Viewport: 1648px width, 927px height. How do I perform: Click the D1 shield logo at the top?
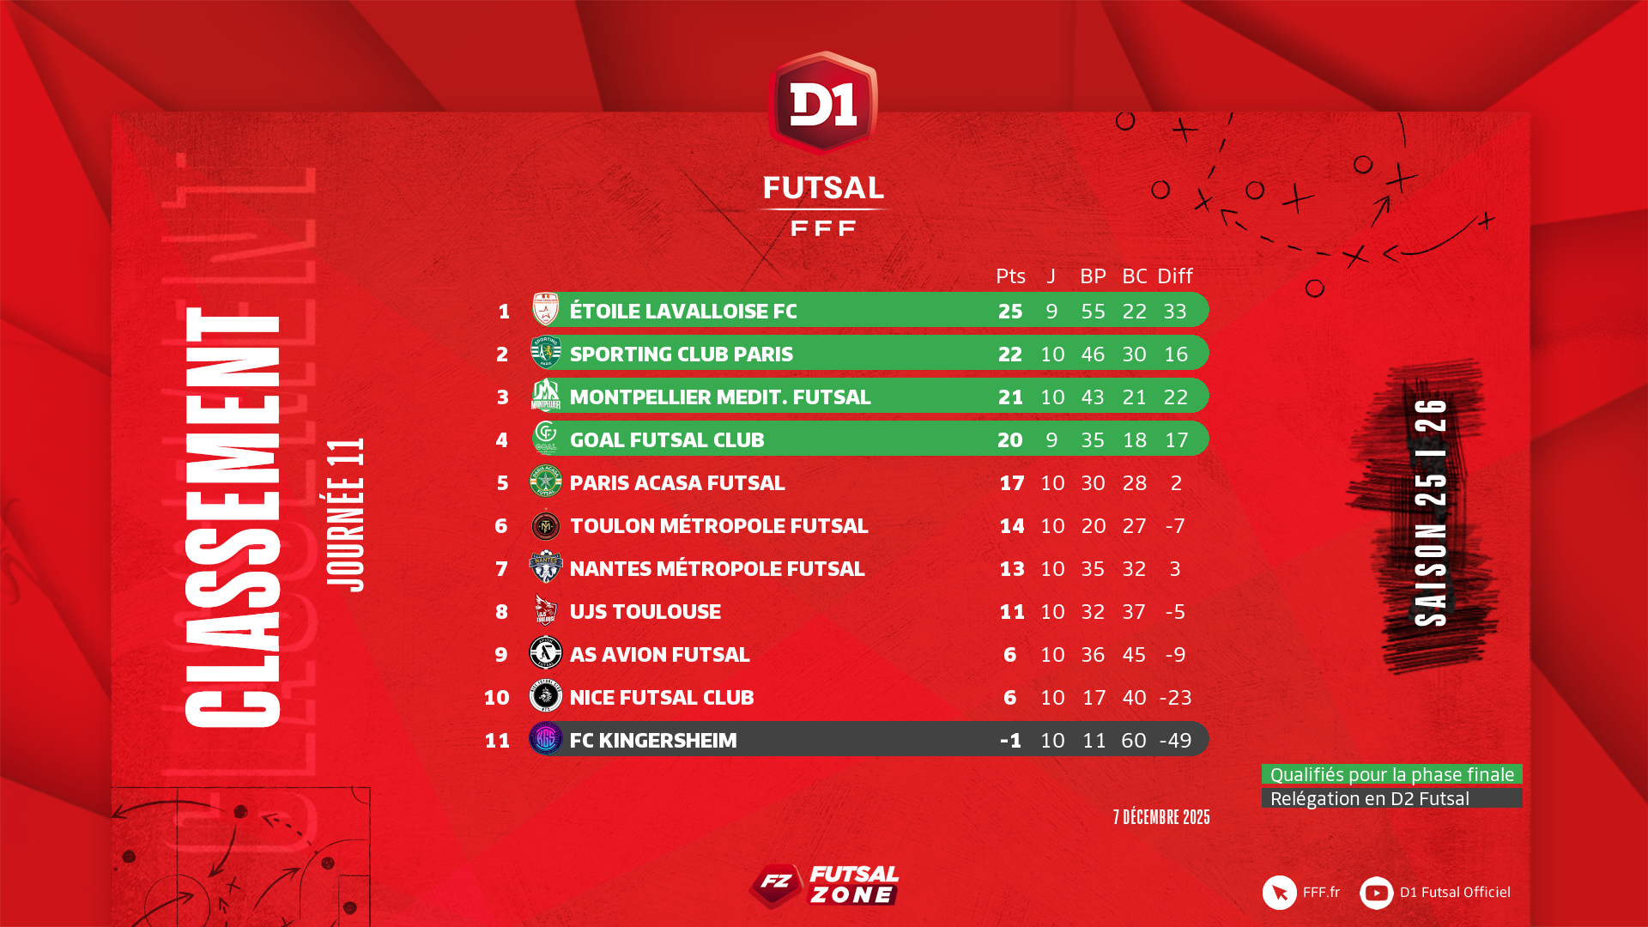(x=823, y=102)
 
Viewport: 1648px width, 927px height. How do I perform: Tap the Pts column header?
(x=1010, y=276)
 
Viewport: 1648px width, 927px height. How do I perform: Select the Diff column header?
(x=1174, y=276)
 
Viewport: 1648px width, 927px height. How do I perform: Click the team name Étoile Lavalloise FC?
(x=683, y=311)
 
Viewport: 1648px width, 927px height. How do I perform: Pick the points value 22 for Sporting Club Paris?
(x=1010, y=354)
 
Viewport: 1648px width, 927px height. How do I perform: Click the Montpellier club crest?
(x=546, y=396)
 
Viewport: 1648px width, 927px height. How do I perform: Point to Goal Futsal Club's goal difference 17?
(x=1176, y=439)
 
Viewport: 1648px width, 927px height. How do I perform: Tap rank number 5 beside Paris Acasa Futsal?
(x=502, y=482)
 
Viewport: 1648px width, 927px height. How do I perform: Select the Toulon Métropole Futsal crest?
(x=546, y=525)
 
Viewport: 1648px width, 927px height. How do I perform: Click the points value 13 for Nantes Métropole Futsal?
(x=1011, y=568)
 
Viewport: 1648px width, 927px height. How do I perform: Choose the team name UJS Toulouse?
(x=645, y=611)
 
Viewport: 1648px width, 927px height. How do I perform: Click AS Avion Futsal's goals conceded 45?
(x=1134, y=654)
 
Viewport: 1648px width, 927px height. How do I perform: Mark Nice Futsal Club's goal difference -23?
(x=1175, y=697)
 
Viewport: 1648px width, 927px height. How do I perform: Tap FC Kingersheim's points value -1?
(x=1010, y=740)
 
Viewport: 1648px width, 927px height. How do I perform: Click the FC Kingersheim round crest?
(x=546, y=739)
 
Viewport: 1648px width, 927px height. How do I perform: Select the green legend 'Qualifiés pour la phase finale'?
(x=1391, y=774)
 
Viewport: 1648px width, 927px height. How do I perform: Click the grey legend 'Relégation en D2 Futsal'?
(x=1391, y=798)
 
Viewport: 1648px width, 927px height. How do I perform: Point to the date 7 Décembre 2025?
(x=1161, y=817)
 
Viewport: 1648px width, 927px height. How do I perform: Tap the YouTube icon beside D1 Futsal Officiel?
(x=1376, y=893)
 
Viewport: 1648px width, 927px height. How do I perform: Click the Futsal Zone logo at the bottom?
(x=824, y=886)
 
